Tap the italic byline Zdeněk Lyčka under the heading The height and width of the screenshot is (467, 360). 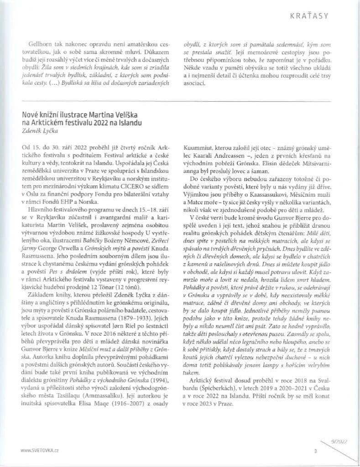coord(38,131)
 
